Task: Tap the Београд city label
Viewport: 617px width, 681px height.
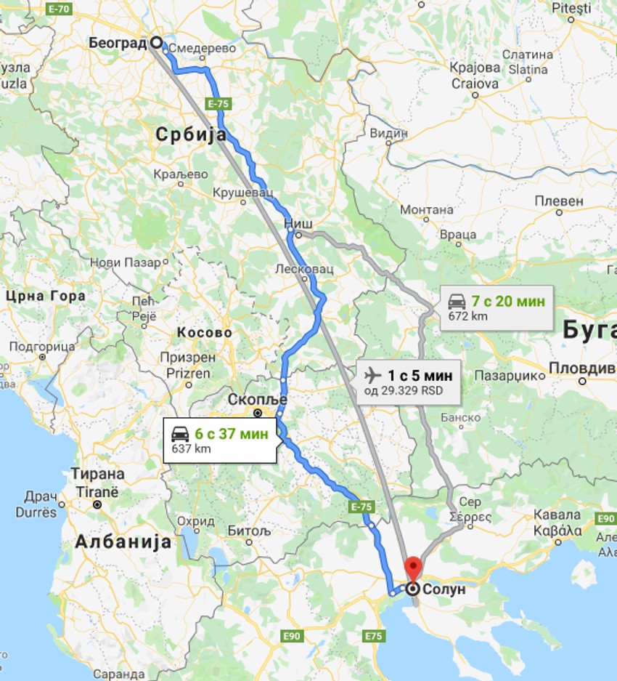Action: click(118, 43)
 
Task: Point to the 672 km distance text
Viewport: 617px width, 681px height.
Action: click(467, 316)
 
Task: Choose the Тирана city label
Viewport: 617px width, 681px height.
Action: click(97, 474)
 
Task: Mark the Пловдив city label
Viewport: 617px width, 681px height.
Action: click(581, 367)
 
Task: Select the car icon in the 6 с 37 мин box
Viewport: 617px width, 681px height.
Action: click(180, 435)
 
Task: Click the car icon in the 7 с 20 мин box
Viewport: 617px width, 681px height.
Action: click(457, 301)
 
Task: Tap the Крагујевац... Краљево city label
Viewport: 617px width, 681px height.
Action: click(181, 174)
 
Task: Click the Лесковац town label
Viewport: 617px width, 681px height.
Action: click(304, 269)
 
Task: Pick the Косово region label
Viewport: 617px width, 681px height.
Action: click(205, 333)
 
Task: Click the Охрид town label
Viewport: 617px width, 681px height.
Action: click(196, 521)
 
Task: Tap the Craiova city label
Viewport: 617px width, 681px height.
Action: click(475, 83)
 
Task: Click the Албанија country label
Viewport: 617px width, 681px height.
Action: click(123, 541)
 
